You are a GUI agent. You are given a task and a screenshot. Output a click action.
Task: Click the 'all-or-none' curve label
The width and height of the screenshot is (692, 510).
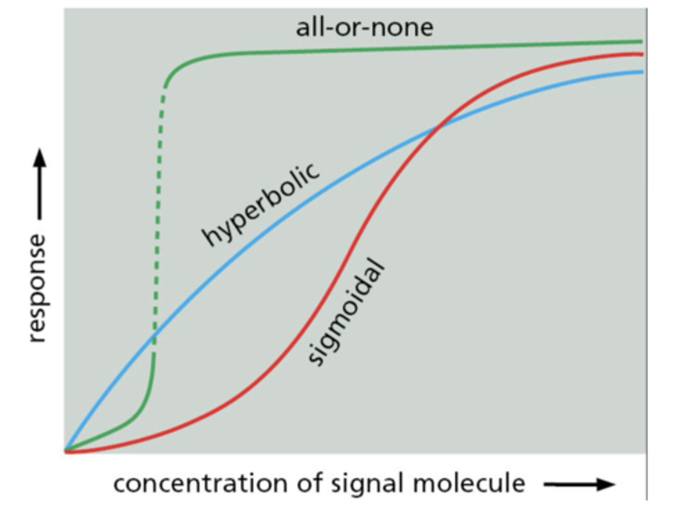click(x=364, y=27)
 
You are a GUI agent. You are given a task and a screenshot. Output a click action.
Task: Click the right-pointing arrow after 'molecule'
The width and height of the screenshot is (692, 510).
click(x=579, y=484)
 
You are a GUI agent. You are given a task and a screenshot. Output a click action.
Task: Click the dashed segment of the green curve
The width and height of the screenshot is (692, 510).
click(x=158, y=216)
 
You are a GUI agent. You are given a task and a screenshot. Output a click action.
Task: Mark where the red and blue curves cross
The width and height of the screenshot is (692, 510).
click(x=438, y=126)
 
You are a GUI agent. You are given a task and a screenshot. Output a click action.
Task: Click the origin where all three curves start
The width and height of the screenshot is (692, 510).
click(x=66, y=451)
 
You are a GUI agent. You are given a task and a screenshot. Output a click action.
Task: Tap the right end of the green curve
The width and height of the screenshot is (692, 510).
click(x=641, y=42)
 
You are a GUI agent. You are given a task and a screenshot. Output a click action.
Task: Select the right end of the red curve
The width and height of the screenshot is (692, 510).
click(x=641, y=54)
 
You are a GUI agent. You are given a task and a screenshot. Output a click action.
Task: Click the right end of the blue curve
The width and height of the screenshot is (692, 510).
click(x=641, y=72)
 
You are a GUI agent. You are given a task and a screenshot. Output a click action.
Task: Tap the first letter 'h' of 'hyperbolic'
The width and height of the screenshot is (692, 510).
click(x=210, y=236)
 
